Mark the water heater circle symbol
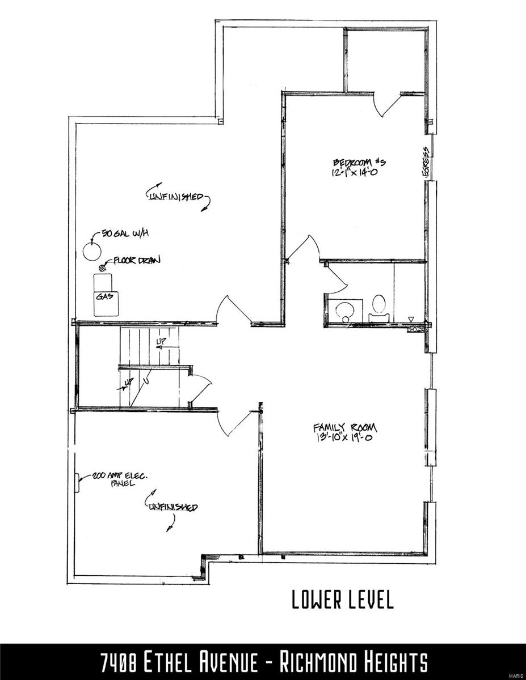pos(91,250)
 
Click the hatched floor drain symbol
pos(103,266)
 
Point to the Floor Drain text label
pos(137,261)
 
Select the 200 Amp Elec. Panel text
pos(116,480)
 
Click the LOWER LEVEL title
pos(342,600)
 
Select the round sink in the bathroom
pos(344,309)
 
